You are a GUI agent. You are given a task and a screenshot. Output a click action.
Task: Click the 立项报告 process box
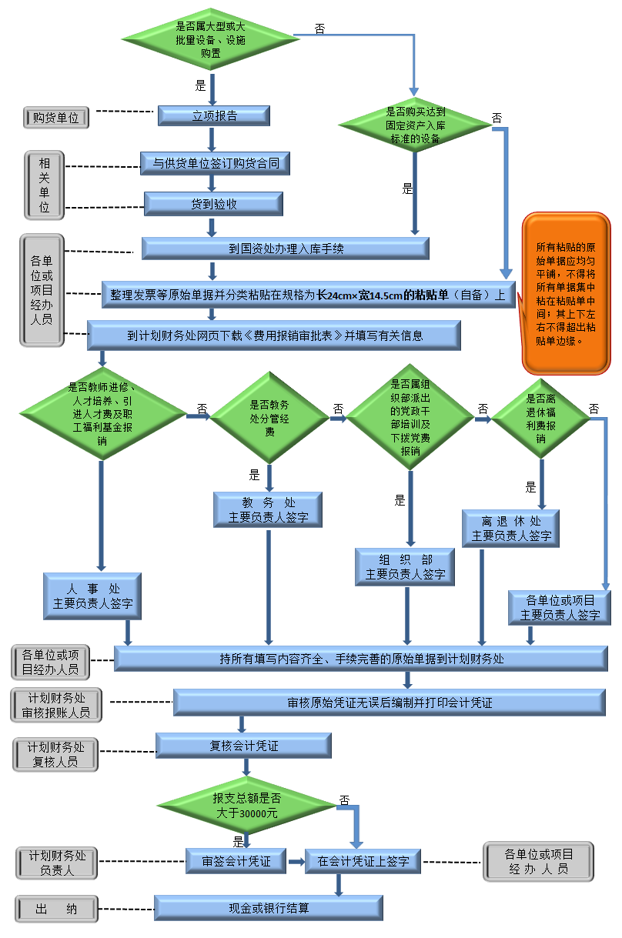(x=214, y=116)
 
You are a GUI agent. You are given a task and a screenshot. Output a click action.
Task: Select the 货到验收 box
(x=214, y=204)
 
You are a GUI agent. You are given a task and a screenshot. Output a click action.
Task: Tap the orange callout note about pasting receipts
(x=566, y=293)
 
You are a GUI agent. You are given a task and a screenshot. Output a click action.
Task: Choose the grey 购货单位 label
(x=55, y=118)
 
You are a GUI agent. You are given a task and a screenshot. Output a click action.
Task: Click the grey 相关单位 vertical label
(x=45, y=185)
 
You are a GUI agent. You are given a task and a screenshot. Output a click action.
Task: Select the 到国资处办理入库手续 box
(x=285, y=249)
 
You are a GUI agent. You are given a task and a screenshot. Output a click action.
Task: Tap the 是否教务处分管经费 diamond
(x=270, y=418)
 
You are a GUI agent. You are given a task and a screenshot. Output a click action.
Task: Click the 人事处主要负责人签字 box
(x=92, y=596)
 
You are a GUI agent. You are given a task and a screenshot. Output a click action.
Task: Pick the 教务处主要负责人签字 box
(x=268, y=510)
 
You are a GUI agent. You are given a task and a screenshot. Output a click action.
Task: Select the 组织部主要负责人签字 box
(x=405, y=566)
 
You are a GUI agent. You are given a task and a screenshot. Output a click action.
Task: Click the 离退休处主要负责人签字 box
(x=511, y=529)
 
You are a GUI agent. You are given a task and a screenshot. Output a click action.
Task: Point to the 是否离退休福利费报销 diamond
(x=541, y=419)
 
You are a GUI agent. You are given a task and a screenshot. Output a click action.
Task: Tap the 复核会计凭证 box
(x=244, y=746)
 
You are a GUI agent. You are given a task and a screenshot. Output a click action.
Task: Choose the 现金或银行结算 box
(x=269, y=908)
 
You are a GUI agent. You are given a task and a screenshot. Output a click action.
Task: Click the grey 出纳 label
(x=56, y=909)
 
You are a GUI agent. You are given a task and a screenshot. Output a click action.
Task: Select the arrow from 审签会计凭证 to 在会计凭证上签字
(x=296, y=861)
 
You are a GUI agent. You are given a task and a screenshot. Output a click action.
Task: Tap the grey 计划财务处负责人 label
(x=57, y=863)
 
